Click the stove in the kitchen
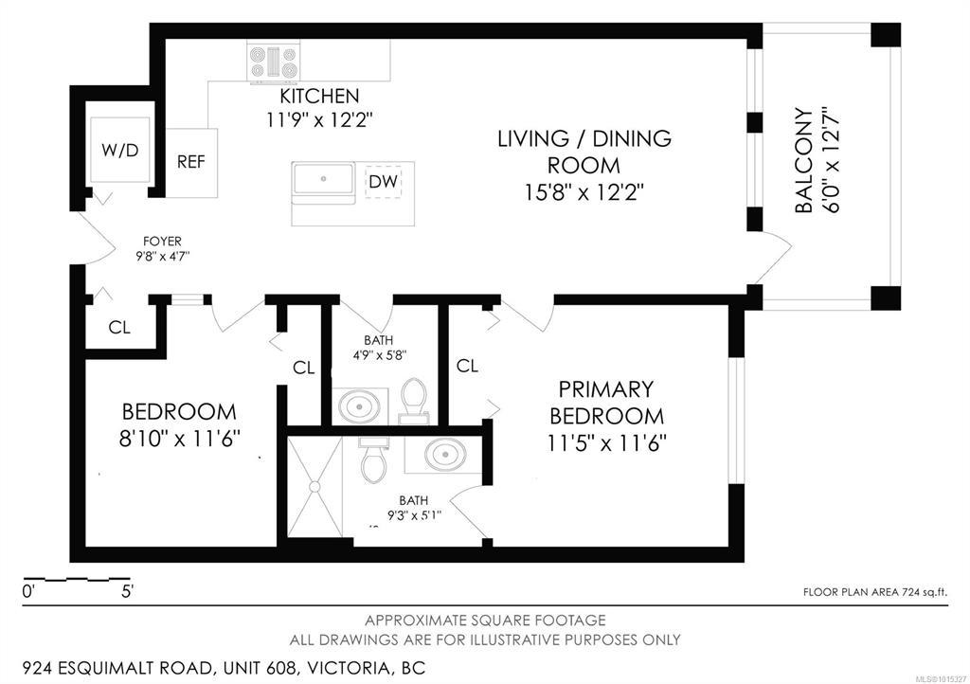[x=273, y=63]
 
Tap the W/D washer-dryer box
[x=120, y=149]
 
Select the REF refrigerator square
[x=191, y=163]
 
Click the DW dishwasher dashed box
[x=384, y=182]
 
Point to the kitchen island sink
[x=324, y=179]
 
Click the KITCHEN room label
[x=319, y=96]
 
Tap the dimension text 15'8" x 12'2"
[x=584, y=193]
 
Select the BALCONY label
[x=803, y=161]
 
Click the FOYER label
[x=162, y=242]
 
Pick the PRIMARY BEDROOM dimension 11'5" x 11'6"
[x=606, y=442]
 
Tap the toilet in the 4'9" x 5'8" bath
[x=414, y=399]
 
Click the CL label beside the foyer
[x=119, y=327]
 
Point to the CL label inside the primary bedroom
[x=467, y=366]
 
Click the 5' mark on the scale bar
[x=128, y=592]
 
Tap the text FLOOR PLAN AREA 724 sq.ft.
[x=874, y=592]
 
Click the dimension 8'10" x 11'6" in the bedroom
[x=179, y=439]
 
